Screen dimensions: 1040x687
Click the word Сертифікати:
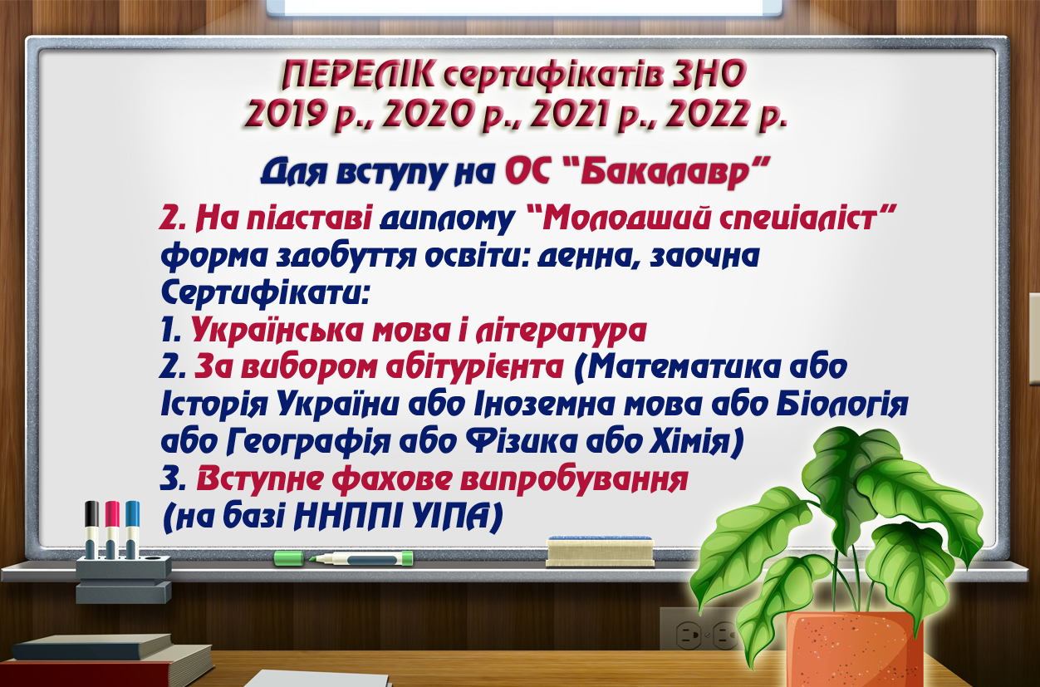click(265, 293)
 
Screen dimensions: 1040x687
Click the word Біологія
click(841, 404)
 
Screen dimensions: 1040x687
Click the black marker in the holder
click(91, 529)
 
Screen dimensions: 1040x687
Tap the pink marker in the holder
click(112, 529)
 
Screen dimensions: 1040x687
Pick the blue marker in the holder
click(132, 529)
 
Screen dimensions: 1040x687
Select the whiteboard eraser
click(601, 552)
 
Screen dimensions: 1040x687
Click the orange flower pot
click(854, 649)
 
